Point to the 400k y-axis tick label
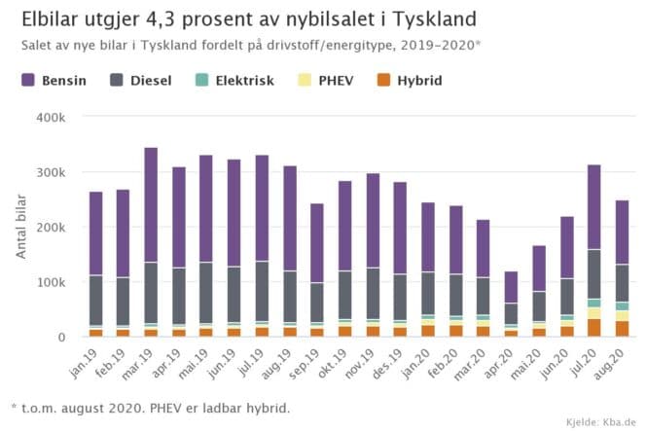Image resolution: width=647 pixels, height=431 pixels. pyautogui.click(x=53, y=117)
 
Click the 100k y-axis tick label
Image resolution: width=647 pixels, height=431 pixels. pyautogui.click(x=53, y=282)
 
